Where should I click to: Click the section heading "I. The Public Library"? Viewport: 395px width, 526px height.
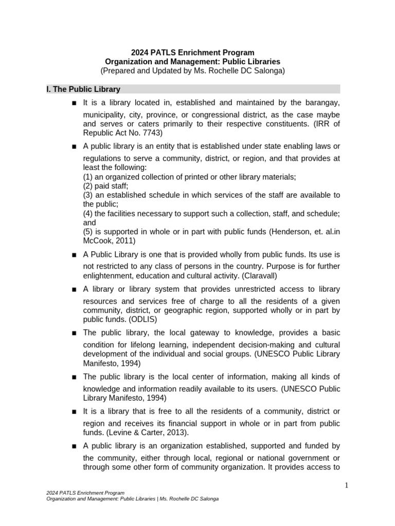[x=83, y=89]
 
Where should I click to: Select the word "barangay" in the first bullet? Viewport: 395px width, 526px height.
[x=320, y=103]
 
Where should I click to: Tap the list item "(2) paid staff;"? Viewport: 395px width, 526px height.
[x=105, y=185]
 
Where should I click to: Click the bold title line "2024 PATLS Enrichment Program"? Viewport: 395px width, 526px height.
[x=192, y=52]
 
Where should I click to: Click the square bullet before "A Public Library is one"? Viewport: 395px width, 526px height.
[x=75, y=255]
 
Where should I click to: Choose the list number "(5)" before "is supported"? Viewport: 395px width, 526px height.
[x=89, y=232]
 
